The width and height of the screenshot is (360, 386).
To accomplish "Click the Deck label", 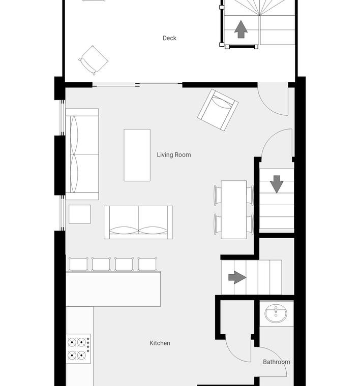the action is (x=169, y=38).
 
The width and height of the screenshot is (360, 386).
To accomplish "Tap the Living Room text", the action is (x=174, y=155).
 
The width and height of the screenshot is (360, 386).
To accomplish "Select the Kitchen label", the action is (x=160, y=343).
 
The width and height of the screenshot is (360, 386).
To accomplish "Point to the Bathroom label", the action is (x=276, y=362).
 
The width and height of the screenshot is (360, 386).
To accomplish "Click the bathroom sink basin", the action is (x=276, y=313).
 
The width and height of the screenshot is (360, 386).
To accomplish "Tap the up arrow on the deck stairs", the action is (x=241, y=29).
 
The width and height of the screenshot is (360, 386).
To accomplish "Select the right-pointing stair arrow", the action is (x=237, y=277).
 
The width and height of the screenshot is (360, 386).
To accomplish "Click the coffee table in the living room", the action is (x=137, y=155).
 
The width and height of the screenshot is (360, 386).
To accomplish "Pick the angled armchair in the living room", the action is (x=218, y=110).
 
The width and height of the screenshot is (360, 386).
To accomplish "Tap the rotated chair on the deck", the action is (x=93, y=60).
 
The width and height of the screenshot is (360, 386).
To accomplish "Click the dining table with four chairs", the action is (x=233, y=209).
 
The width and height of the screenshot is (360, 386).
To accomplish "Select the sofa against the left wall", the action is (x=82, y=154).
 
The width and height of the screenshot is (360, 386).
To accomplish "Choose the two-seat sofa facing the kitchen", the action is (x=138, y=222).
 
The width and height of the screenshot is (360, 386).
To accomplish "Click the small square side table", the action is (x=80, y=214).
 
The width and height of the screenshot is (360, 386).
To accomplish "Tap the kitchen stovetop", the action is (x=78, y=348).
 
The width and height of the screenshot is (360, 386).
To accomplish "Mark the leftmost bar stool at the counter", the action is (x=78, y=264).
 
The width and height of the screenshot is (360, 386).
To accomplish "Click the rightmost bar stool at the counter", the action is (x=147, y=264).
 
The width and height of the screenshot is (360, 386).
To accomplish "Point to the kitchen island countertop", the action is (x=113, y=289).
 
